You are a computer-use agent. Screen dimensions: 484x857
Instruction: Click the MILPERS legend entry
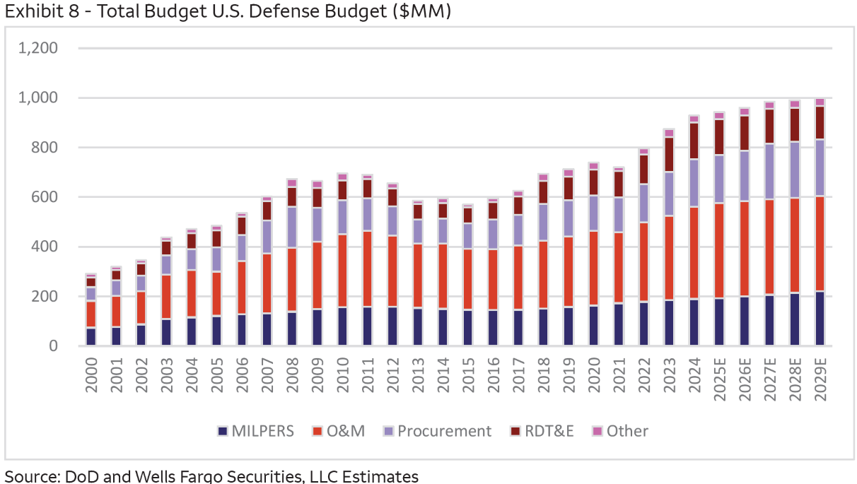tap(255, 431)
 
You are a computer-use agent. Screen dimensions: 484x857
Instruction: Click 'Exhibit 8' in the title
tap(33, 11)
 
